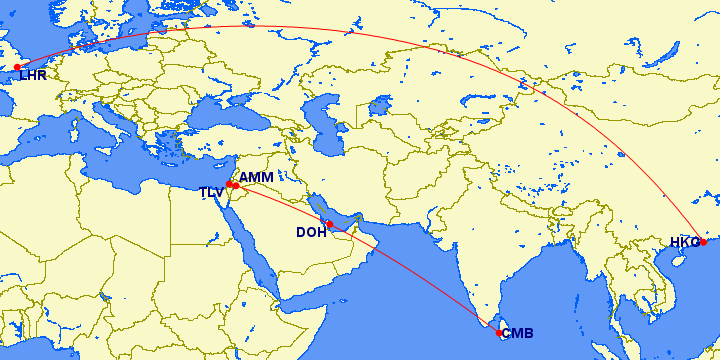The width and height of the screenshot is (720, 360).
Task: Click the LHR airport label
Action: tap(33, 75)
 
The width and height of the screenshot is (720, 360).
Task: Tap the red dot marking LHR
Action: tap(17, 67)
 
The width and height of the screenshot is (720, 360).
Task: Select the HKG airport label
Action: tap(685, 242)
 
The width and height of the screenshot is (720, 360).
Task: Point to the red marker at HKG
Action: tap(703, 241)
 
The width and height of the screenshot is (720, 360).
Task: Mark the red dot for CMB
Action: tap(499, 332)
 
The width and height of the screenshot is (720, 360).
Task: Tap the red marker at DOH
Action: tap(329, 224)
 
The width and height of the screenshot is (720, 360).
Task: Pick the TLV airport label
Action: tap(211, 192)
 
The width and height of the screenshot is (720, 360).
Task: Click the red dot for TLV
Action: tap(229, 184)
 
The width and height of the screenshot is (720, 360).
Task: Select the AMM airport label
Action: tap(257, 177)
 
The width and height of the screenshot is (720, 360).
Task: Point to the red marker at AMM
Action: tap(235, 185)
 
